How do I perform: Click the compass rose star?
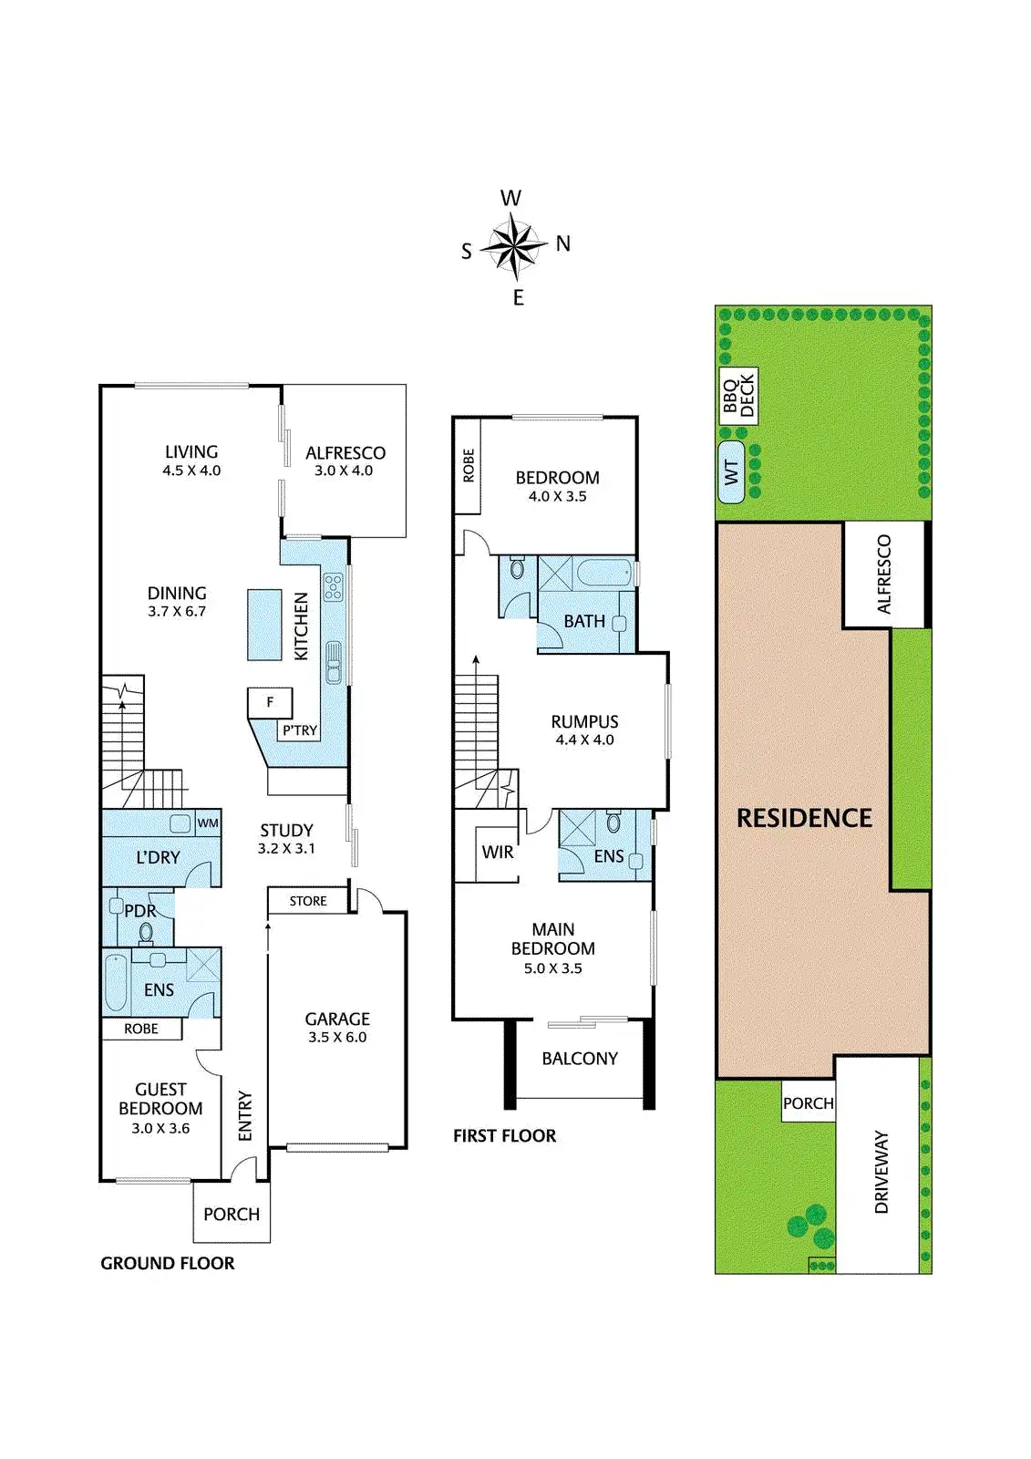(514, 244)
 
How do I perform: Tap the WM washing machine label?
(208, 823)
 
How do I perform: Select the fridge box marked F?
(270, 703)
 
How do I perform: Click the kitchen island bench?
(264, 625)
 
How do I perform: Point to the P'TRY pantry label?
(300, 730)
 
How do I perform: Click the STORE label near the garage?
(308, 901)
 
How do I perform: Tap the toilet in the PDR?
(146, 932)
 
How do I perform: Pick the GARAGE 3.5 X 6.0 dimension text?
(337, 1037)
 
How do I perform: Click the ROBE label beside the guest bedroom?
(141, 1029)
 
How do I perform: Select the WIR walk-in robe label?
(498, 852)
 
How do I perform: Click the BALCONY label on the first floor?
(580, 1059)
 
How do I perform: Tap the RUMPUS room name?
(584, 721)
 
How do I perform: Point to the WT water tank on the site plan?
(731, 472)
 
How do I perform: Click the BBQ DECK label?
(738, 396)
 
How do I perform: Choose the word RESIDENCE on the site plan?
(804, 818)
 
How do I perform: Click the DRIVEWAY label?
(882, 1172)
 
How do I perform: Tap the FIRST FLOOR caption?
(504, 1135)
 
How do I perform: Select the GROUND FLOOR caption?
(168, 1263)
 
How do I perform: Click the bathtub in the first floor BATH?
(605, 574)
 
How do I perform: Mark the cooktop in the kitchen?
(333, 586)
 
